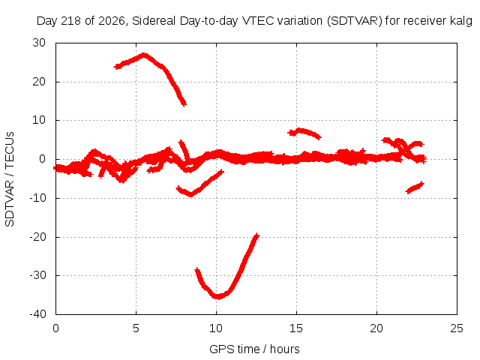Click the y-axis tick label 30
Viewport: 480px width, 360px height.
pos(39,43)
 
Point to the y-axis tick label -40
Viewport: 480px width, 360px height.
pos(37,314)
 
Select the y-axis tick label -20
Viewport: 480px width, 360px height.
pos(37,237)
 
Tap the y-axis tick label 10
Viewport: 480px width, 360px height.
pos(39,120)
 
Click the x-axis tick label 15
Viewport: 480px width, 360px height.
pos(296,328)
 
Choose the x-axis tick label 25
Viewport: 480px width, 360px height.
pos(457,328)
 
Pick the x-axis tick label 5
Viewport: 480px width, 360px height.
pos(136,328)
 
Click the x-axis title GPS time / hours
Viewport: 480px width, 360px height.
pos(254,349)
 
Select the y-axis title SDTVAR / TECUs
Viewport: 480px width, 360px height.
pos(10,179)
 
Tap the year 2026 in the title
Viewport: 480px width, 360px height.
pos(112,21)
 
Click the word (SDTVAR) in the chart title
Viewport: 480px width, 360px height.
pos(355,21)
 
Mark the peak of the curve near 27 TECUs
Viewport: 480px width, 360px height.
pos(144,55)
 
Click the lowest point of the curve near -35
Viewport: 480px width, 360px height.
pos(217,297)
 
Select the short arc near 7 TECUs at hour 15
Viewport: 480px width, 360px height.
pos(304,132)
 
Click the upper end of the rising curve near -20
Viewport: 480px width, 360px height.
pos(257,235)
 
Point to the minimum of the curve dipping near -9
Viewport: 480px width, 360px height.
pos(191,194)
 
